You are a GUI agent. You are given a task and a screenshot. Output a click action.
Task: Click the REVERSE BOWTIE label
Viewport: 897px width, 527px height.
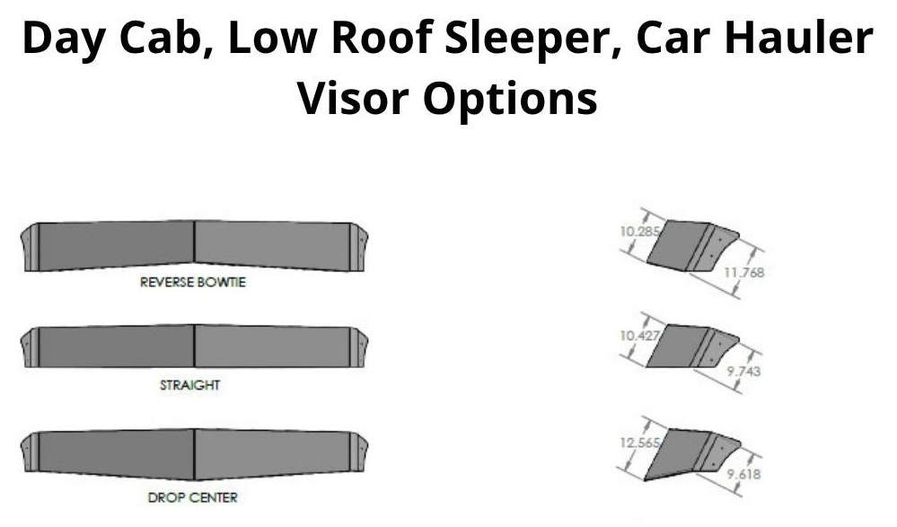tap(193, 282)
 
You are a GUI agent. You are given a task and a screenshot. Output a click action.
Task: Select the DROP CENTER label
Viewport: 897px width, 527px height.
tap(194, 496)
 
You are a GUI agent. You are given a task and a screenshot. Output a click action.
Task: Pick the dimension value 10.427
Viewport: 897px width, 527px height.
tap(636, 334)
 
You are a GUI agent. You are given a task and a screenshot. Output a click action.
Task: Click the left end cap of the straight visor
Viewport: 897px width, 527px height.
tap(29, 347)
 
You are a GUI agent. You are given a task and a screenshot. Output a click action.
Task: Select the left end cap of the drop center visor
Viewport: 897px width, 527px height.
tap(29, 452)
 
